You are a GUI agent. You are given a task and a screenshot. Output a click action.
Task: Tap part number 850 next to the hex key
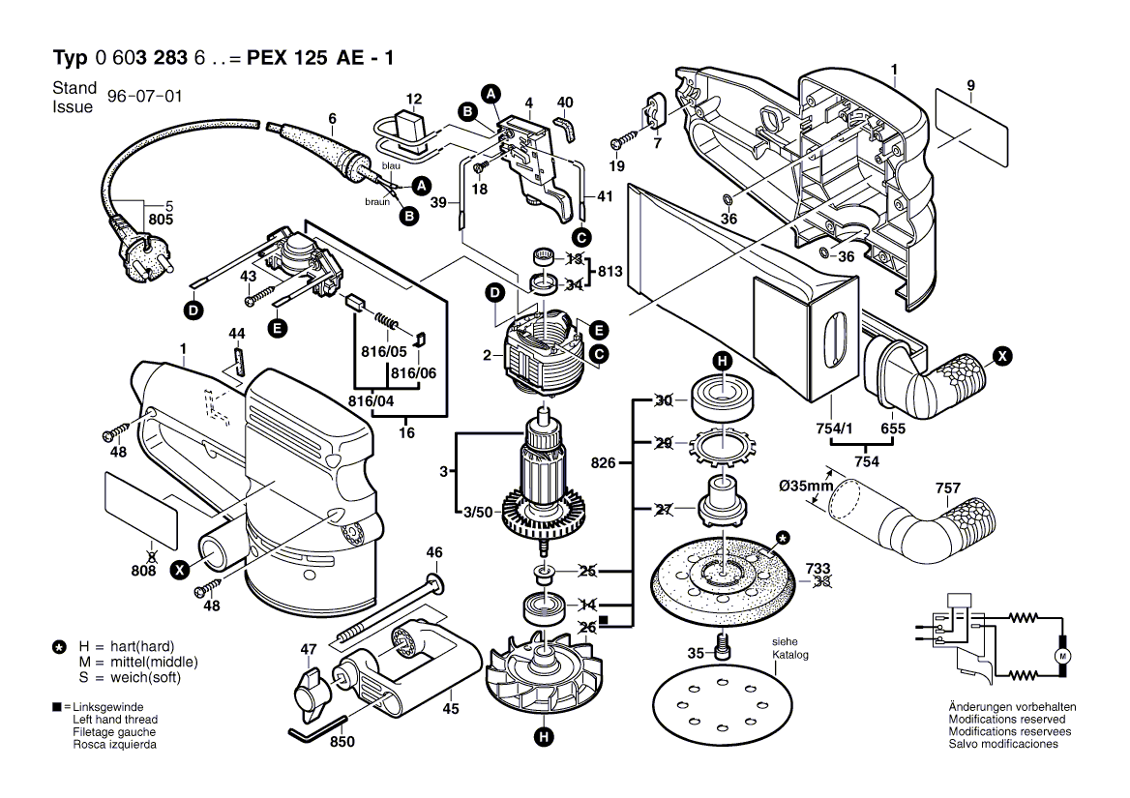(342, 741)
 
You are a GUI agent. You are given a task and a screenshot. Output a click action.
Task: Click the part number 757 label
(947, 488)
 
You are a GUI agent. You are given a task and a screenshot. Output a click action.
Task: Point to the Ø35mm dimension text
(806, 487)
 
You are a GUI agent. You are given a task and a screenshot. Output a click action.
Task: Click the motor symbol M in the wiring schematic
(1063, 656)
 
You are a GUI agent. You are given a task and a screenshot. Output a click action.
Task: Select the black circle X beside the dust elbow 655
(1002, 356)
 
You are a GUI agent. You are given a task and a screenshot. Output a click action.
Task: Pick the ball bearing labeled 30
(722, 399)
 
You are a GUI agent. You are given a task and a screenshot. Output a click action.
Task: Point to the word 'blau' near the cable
(391, 165)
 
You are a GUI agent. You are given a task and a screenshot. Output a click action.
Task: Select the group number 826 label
(603, 462)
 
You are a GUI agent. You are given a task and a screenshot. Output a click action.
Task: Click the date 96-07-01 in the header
(145, 97)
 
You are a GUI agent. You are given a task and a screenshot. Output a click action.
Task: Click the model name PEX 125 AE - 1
(320, 58)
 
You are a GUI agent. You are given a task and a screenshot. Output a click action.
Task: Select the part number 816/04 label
(372, 401)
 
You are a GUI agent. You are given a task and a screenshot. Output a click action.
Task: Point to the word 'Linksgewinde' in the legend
(108, 707)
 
